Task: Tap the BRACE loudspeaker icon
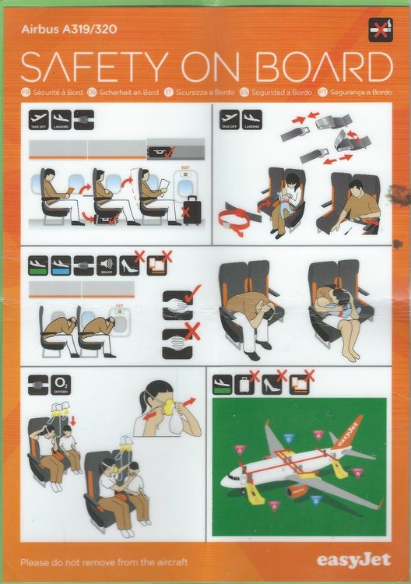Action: tap(108, 266)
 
